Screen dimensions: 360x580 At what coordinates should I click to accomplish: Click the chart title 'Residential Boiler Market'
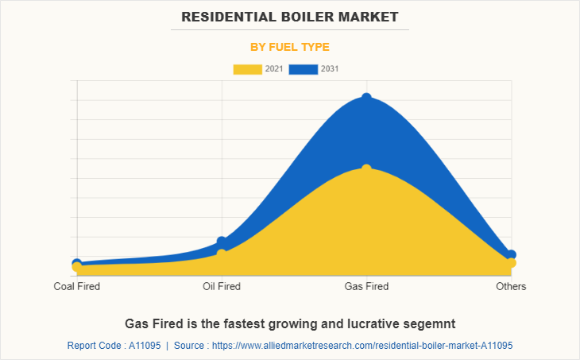click(x=289, y=16)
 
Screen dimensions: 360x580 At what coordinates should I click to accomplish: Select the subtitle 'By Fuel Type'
click(x=289, y=47)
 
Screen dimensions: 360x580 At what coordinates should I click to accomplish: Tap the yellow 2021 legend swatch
click(x=248, y=69)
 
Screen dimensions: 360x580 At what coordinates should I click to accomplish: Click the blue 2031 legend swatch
click(x=304, y=69)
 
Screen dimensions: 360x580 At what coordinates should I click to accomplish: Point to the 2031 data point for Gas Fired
click(x=366, y=98)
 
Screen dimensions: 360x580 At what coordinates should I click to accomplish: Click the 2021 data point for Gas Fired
click(x=366, y=169)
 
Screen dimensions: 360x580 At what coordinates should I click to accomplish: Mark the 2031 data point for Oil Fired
click(x=222, y=242)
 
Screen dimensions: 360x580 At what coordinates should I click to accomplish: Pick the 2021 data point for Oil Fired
click(x=222, y=254)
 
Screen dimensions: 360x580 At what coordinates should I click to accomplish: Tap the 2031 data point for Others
click(x=511, y=255)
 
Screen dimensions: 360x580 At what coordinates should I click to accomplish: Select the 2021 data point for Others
click(x=511, y=263)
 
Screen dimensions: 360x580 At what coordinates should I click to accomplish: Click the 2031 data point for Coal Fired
click(x=77, y=263)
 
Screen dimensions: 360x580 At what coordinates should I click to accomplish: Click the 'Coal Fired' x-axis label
click(x=77, y=286)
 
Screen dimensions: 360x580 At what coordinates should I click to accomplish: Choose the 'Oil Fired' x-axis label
click(x=222, y=286)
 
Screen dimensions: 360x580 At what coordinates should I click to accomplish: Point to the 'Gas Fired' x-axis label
click(x=366, y=286)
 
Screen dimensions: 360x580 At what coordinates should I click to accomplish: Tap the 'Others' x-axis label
click(x=511, y=286)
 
